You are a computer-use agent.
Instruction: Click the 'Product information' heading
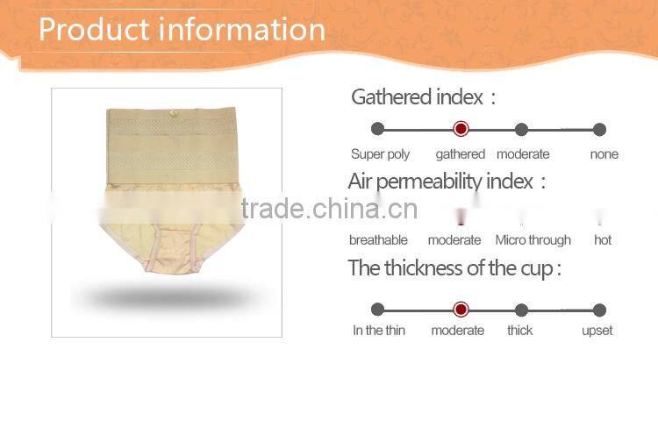coord(182,29)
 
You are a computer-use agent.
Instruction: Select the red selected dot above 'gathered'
coord(461,129)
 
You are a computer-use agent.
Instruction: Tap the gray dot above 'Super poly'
coord(378,129)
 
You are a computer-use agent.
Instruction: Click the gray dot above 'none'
coord(599,129)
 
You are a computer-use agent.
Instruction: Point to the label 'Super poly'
coord(381,154)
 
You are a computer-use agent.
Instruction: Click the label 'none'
coord(604,154)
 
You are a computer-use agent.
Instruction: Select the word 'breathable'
coord(378,240)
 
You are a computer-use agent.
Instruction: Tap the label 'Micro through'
coord(533,240)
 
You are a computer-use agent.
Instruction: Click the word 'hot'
coord(603,240)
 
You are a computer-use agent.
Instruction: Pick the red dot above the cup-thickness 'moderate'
coord(461,310)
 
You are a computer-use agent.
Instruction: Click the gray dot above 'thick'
coord(521,310)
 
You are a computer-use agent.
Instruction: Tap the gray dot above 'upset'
coord(599,310)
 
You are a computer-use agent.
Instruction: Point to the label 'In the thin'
coord(379,331)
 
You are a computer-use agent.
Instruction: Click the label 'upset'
coord(597,331)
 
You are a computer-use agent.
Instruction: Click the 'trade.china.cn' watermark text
coord(329,209)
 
